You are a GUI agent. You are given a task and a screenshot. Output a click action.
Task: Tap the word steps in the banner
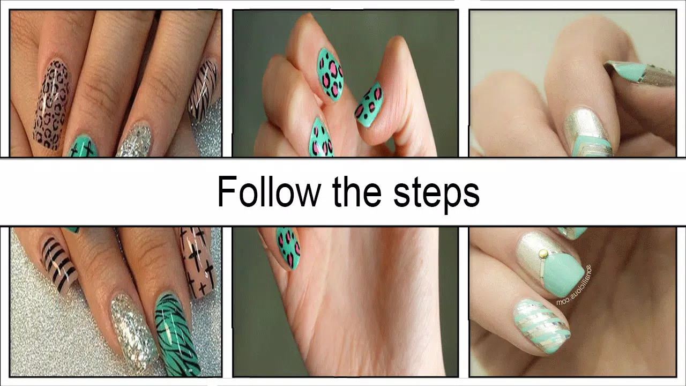pos(436,193)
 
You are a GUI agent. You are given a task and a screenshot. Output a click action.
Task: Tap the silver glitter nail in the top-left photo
pos(133,140)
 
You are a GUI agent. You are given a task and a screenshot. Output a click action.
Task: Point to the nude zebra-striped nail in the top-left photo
pos(203,88)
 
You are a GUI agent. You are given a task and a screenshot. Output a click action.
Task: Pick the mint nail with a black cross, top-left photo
pos(83,146)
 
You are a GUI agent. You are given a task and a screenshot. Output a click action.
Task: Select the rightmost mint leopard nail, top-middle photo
pos(370,105)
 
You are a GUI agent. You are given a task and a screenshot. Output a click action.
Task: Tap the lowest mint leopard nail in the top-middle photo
pos(322,138)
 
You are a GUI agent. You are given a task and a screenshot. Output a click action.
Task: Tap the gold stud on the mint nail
pos(543,252)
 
